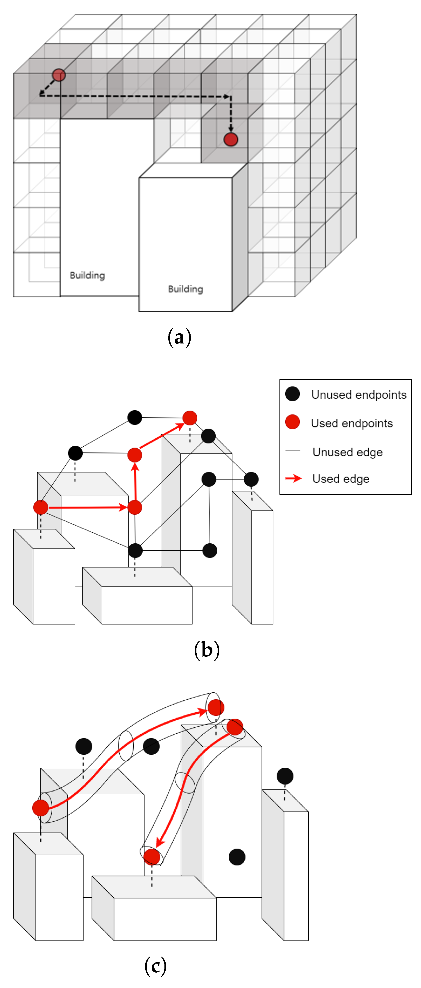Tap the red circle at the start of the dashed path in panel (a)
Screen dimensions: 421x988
[59, 75]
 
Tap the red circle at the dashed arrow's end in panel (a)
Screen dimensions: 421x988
[231, 139]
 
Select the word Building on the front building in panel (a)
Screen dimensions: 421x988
[186, 289]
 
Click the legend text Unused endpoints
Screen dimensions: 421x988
[359, 395]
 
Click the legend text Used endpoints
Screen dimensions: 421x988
[352, 423]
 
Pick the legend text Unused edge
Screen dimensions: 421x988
[348, 452]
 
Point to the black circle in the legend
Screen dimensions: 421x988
[293, 394]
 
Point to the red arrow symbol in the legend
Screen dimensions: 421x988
[294, 478]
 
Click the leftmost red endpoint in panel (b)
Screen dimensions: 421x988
[41, 507]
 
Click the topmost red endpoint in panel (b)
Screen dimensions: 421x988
[190, 418]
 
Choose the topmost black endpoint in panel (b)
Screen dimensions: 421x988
[135, 417]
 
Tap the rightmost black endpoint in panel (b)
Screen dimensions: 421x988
[251, 479]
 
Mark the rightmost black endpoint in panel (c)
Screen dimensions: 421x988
[285, 776]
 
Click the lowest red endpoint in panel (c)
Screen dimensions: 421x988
[152, 856]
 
